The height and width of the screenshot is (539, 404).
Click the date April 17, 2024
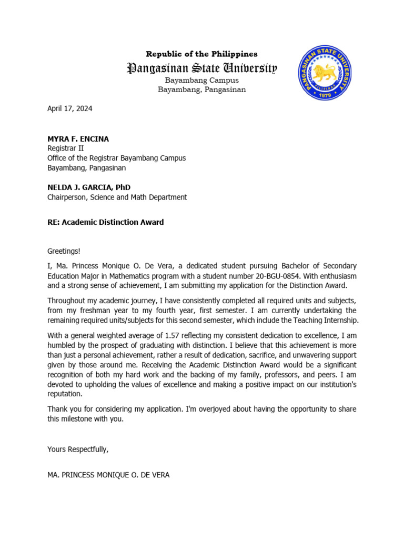click(x=69, y=109)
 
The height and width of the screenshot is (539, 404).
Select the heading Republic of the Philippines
click(x=201, y=54)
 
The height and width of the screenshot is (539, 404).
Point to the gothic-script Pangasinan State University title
click(x=201, y=68)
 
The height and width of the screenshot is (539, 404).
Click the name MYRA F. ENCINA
click(x=78, y=139)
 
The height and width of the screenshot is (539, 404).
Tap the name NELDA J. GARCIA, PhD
click(x=89, y=187)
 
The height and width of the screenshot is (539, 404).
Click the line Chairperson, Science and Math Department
click(x=117, y=197)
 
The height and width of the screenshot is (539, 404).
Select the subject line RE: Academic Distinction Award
click(x=105, y=222)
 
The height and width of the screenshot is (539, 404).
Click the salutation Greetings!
click(x=64, y=252)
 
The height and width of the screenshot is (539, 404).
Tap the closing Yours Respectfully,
click(x=78, y=449)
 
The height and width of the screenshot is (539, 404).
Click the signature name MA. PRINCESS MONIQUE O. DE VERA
click(x=108, y=475)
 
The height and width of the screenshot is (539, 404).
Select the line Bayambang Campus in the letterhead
click(x=201, y=81)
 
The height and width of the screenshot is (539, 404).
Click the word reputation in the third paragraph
click(x=65, y=394)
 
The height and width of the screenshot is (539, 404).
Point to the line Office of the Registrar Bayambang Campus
click(x=116, y=158)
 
